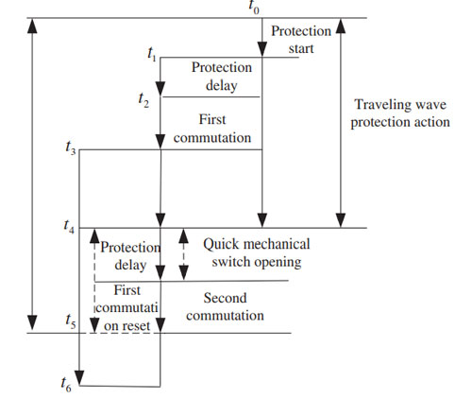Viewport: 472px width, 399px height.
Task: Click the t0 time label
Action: [254, 7]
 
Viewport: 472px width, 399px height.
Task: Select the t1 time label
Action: [152, 54]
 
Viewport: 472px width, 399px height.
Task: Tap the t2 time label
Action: [143, 100]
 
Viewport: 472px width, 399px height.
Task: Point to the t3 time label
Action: [71, 147]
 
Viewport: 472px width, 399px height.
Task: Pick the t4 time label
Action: [69, 226]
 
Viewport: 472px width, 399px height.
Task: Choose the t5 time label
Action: [71, 321]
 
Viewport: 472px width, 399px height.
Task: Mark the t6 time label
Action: [66, 385]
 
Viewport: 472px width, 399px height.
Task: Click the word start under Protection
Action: [301, 49]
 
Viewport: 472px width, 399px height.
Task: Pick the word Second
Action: [225, 298]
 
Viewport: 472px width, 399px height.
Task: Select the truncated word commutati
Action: [126, 308]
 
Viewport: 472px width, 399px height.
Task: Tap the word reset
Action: [137, 326]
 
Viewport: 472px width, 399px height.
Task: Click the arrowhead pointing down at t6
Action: [79, 378]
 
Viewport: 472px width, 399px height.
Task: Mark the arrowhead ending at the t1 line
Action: [262, 50]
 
